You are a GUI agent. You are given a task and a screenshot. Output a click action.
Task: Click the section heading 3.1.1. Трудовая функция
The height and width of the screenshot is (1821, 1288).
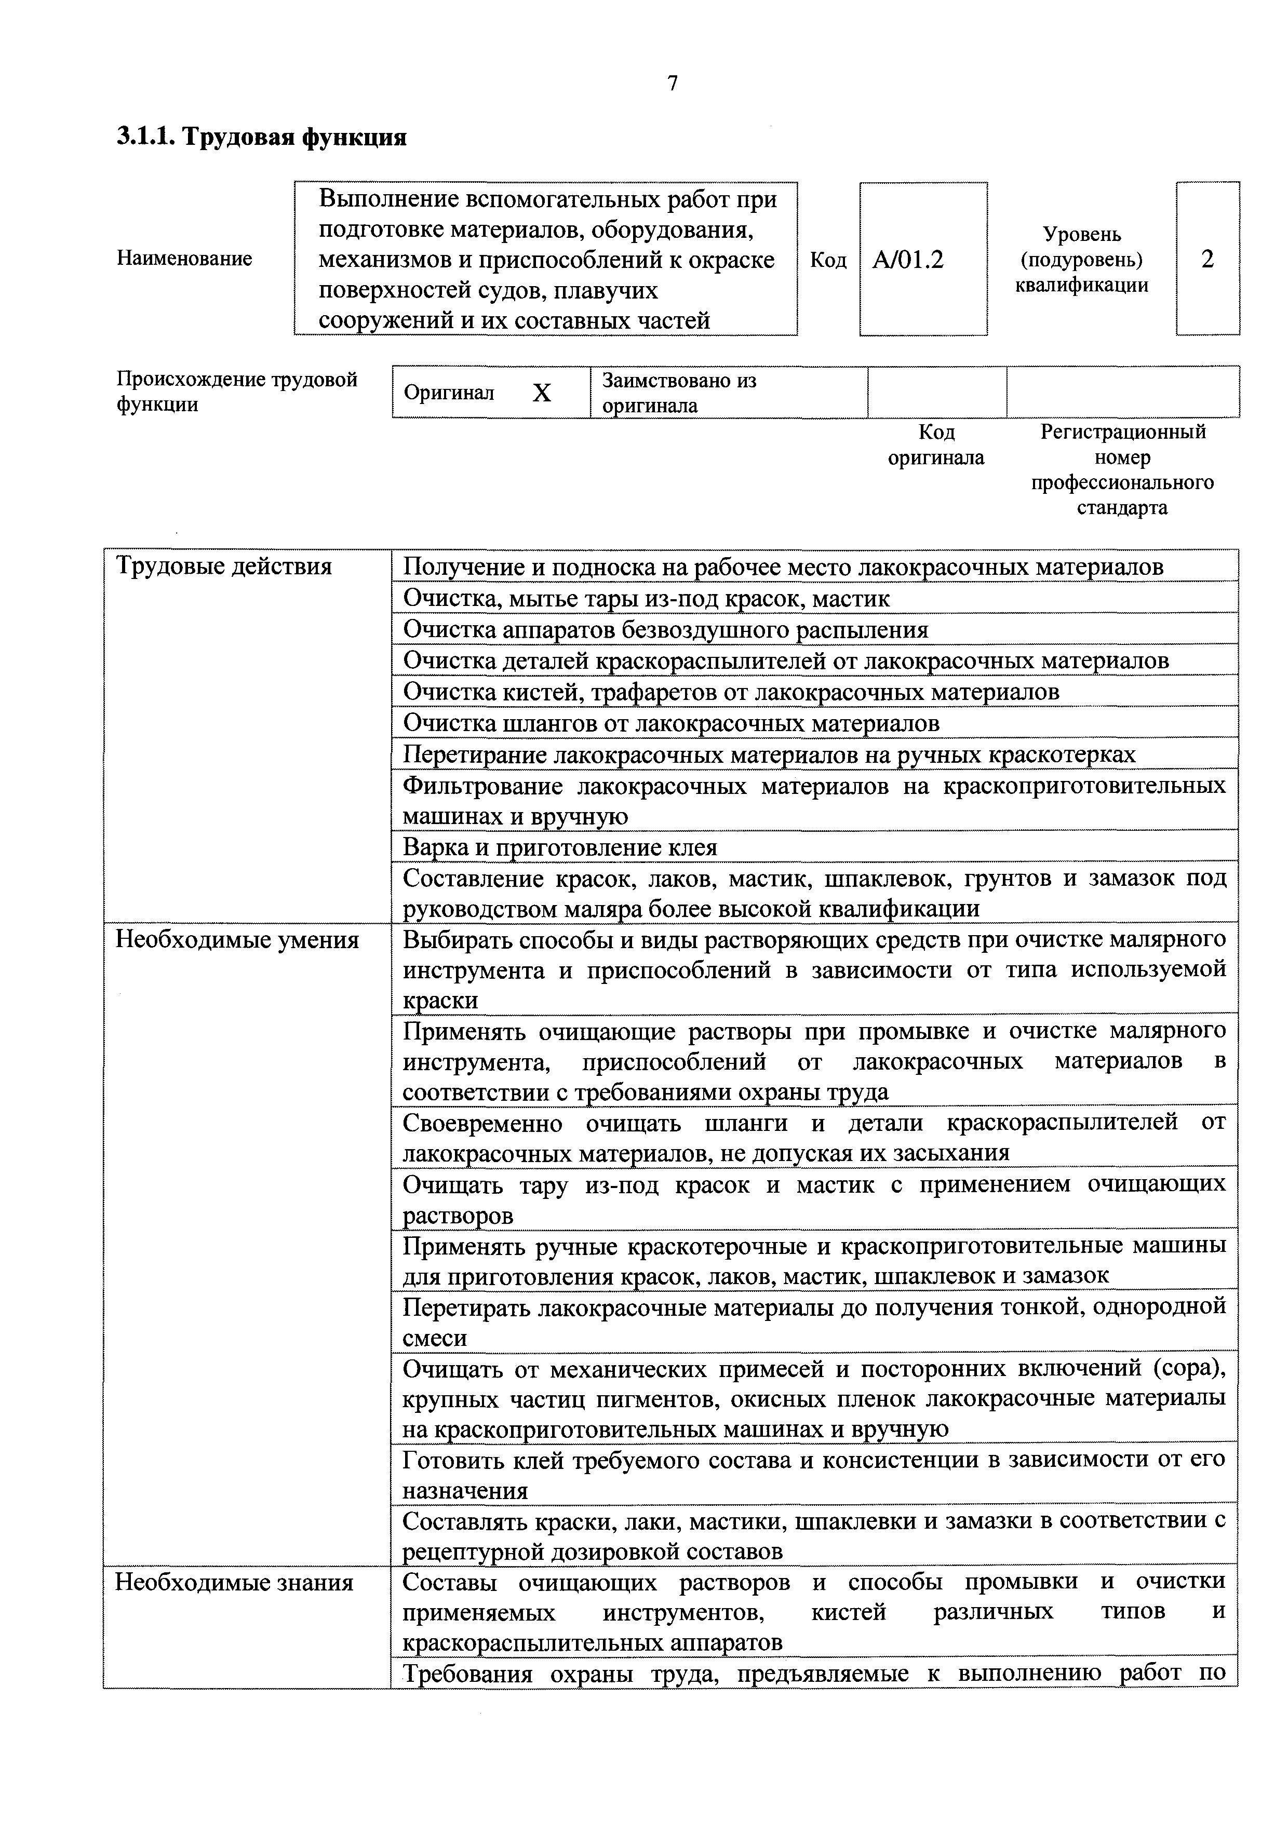(262, 137)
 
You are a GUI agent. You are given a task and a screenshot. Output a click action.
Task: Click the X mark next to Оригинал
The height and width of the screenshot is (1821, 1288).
(542, 393)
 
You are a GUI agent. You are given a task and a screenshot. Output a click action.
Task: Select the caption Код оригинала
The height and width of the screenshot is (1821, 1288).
(936, 445)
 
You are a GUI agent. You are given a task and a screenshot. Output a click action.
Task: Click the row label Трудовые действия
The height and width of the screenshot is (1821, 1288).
(224, 566)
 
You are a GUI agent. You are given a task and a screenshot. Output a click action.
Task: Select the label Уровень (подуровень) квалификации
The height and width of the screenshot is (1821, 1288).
(1082, 259)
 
